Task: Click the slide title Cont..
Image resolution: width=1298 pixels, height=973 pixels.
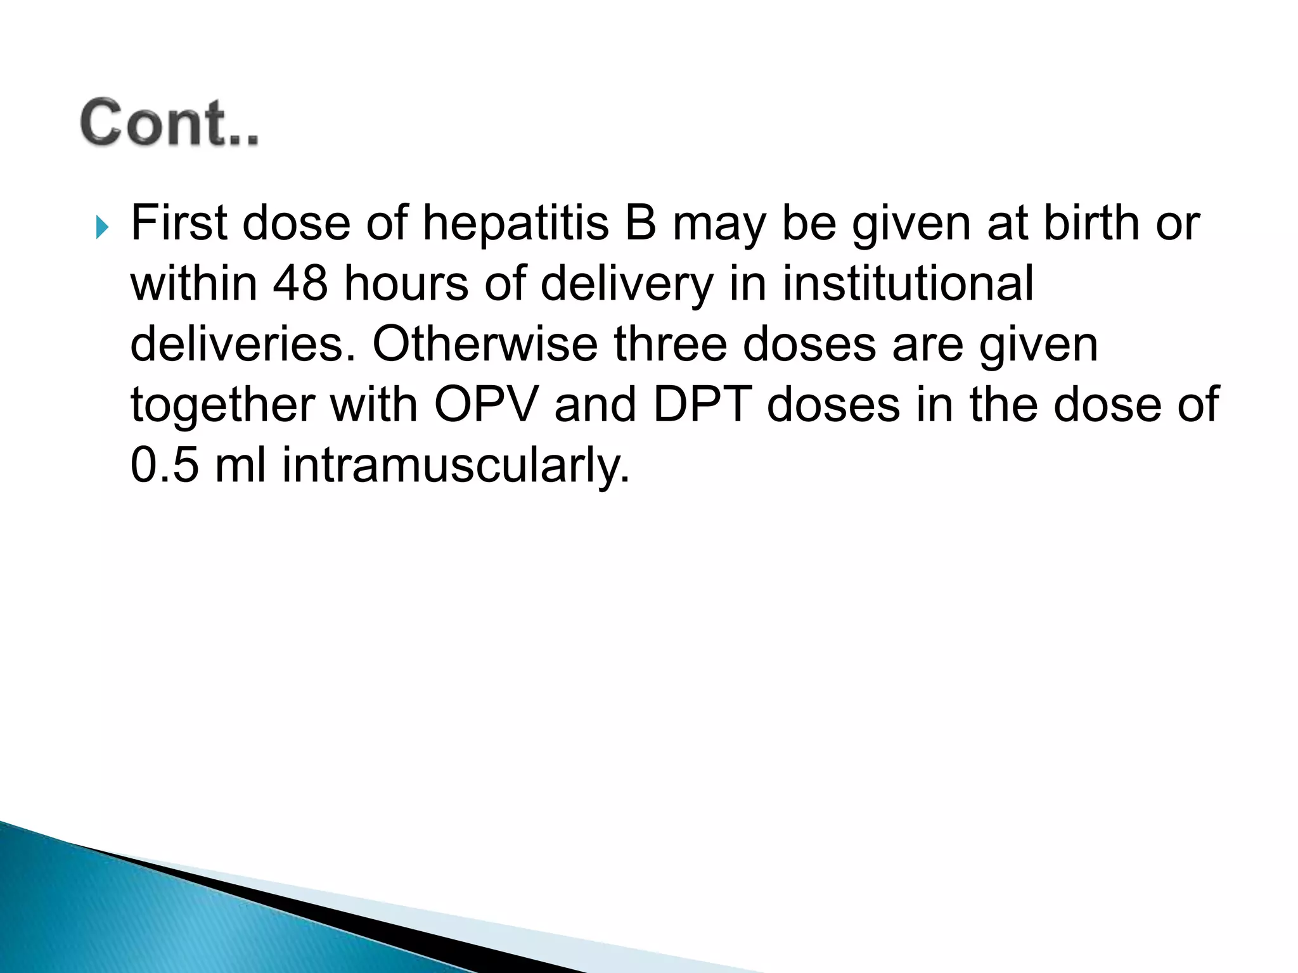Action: [x=169, y=123]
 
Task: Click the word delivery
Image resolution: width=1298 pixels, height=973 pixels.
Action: [x=627, y=284]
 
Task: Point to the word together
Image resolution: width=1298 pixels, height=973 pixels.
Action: [x=222, y=405]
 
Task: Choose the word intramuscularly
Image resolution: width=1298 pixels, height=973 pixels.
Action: [x=456, y=466]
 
